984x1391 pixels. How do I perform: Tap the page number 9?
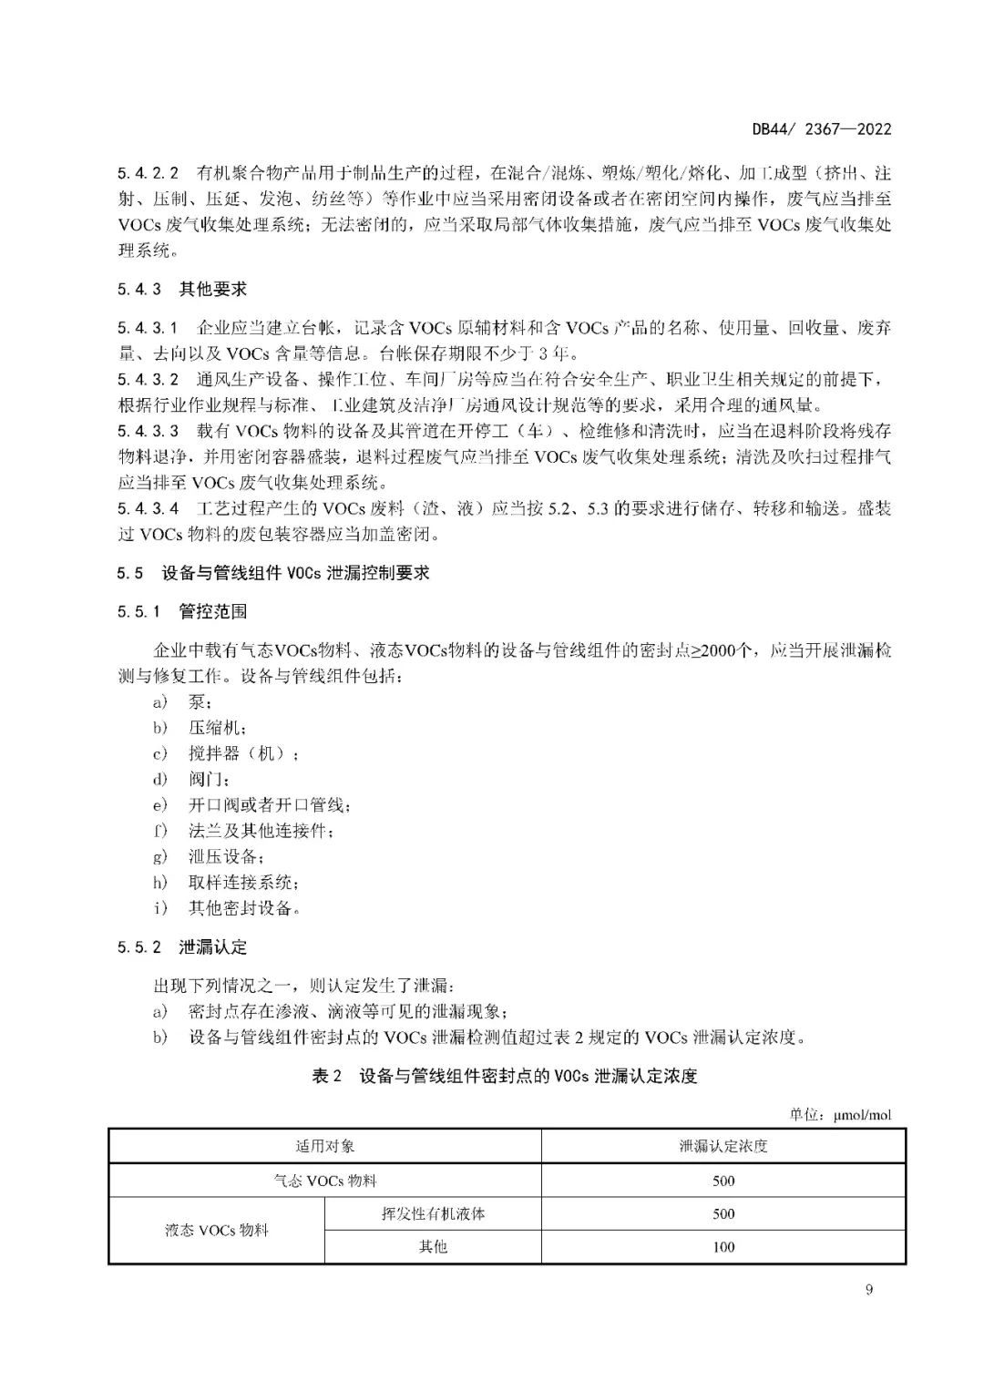(868, 1289)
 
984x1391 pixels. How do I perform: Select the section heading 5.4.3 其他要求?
(182, 290)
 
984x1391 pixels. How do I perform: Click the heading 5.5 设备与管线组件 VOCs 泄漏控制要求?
(273, 573)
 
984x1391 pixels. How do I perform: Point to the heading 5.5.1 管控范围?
(182, 612)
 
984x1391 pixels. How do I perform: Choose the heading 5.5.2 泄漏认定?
(182, 947)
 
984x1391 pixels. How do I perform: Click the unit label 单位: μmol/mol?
(840, 1115)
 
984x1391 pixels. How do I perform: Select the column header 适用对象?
(324, 1146)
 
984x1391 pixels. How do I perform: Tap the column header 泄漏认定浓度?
(723, 1146)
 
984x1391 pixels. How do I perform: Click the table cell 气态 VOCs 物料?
(324, 1181)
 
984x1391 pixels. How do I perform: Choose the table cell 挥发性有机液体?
(433, 1213)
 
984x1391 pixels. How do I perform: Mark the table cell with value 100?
(723, 1247)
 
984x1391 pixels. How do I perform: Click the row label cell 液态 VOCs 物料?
(217, 1230)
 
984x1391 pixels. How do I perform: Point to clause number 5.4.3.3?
(149, 431)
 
